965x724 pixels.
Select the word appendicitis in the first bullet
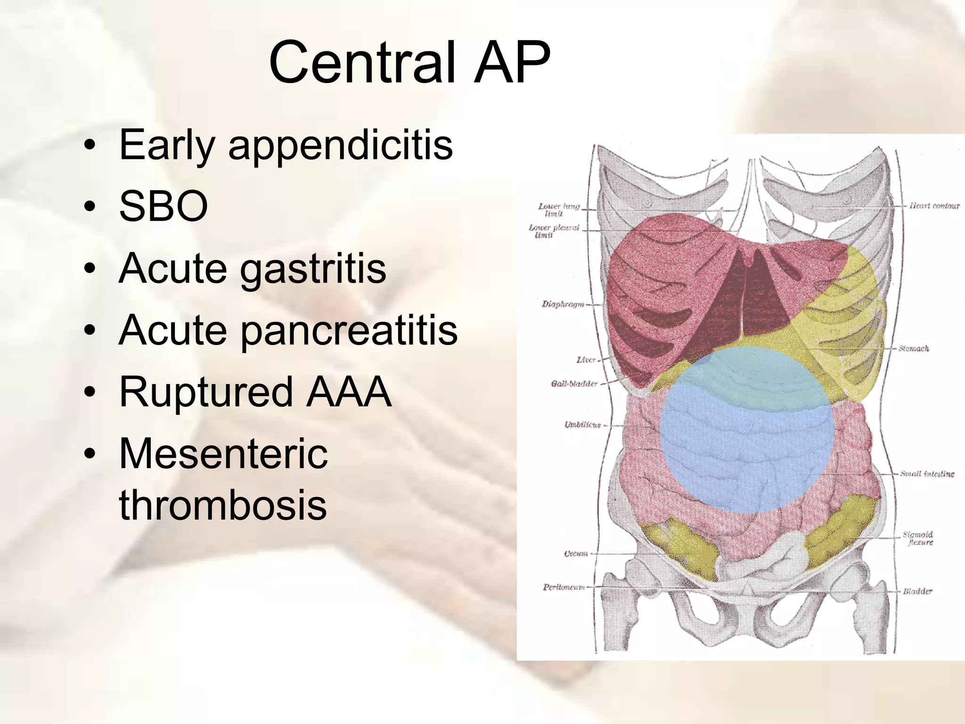point(340,145)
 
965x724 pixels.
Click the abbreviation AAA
point(349,392)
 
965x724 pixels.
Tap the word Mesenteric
point(223,453)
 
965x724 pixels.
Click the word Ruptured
point(206,392)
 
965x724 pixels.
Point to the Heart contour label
point(934,206)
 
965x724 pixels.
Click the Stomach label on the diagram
point(913,349)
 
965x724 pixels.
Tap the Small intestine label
point(927,474)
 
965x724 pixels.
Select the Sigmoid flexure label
point(917,538)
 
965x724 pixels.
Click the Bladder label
point(917,591)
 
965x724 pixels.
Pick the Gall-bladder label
point(574,384)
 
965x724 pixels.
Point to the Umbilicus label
point(582,425)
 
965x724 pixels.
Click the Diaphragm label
point(563,304)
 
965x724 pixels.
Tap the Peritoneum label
point(564,587)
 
